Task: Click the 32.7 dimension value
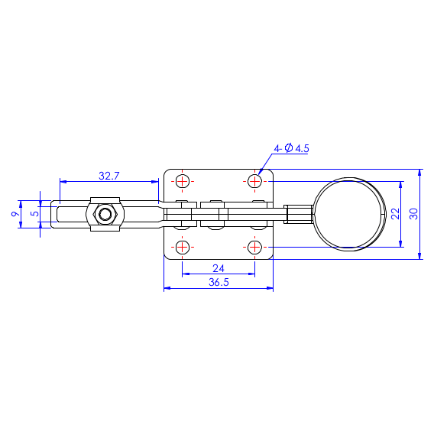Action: pyautogui.click(x=109, y=176)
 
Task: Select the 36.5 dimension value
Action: pyautogui.click(x=219, y=282)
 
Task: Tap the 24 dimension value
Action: pyautogui.click(x=219, y=268)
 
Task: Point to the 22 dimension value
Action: pyautogui.click(x=396, y=214)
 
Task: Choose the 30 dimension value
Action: pyautogui.click(x=413, y=214)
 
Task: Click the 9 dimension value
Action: pyautogui.click(x=16, y=214)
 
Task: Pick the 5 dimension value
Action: pyautogui.click(x=35, y=214)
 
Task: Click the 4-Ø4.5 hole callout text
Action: pyautogui.click(x=291, y=148)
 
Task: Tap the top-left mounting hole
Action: pyautogui.click(x=183, y=182)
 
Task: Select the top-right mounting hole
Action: pyautogui.click(x=254, y=182)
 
